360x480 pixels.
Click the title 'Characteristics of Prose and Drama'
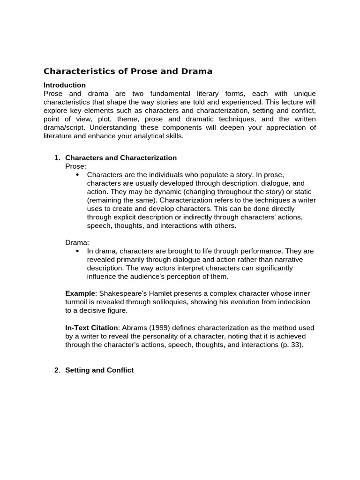(128, 71)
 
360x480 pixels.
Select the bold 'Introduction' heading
(65, 85)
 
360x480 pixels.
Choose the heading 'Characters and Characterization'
(121, 157)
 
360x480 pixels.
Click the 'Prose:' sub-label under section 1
(75, 166)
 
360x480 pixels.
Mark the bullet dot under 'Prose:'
(77, 175)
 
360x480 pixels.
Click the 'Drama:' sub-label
(77, 242)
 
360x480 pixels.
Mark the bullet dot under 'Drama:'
(77, 251)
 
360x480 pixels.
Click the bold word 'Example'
(79, 293)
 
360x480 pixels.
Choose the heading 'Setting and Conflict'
(99, 370)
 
